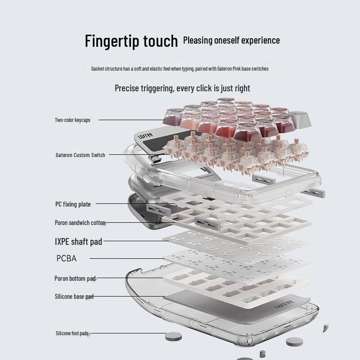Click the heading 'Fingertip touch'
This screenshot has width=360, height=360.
131,41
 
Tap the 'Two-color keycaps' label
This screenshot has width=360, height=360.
72,120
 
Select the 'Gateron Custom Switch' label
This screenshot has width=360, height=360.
80,155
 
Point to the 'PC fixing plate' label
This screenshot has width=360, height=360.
73,204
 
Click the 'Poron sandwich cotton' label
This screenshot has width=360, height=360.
80,222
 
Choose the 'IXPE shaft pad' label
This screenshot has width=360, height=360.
78,242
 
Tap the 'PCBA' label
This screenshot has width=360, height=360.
67,258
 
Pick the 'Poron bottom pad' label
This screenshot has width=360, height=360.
75,279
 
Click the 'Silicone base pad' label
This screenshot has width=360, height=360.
74,297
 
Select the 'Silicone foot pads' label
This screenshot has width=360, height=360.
72,333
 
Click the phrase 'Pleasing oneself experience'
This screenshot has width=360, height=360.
231,40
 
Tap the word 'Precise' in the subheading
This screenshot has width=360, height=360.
127,88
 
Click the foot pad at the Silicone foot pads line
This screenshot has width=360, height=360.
173,335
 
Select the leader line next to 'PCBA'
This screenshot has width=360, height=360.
126,258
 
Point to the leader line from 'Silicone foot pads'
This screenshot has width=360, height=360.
128,333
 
